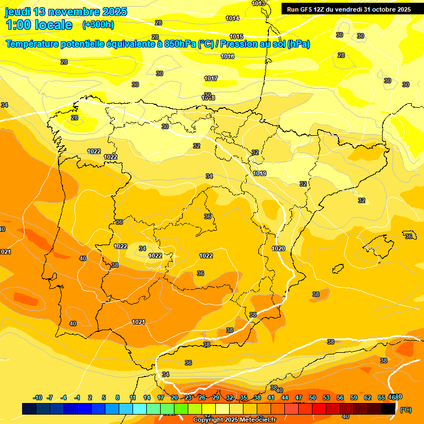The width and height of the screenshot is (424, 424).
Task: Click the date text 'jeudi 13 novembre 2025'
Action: (x=66, y=12)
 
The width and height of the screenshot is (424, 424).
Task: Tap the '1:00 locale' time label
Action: (x=39, y=25)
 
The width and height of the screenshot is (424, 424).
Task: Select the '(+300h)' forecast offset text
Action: (x=98, y=25)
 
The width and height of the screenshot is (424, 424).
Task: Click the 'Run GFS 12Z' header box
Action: (x=348, y=9)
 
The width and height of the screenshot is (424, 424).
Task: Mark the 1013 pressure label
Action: (x=258, y=4)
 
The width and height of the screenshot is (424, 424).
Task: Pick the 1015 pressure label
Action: (x=236, y=37)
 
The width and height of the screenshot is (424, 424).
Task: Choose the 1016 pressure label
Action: (x=227, y=57)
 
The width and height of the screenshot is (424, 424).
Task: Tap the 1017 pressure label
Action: (x=211, y=78)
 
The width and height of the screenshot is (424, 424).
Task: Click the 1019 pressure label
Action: (x=260, y=174)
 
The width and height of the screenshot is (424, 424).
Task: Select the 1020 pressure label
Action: (x=278, y=249)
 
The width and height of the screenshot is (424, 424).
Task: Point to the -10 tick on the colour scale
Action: (x=38, y=397)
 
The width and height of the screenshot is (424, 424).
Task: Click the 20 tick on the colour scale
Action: (x=174, y=397)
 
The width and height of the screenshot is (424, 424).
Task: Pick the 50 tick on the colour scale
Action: (x=312, y=397)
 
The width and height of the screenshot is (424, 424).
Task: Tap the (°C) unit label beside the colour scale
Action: (x=406, y=410)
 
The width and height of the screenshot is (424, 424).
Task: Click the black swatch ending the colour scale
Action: (x=388, y=409)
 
